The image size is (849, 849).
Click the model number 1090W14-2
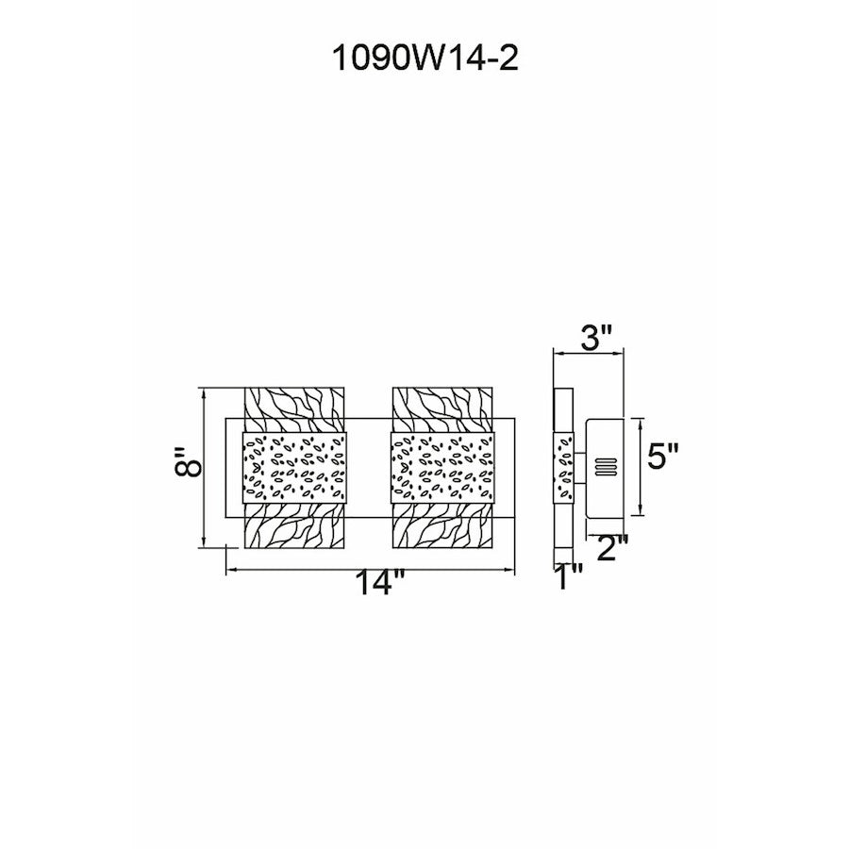(425, 58)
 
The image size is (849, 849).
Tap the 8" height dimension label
(189, 462)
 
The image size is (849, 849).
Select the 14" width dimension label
(379, 583)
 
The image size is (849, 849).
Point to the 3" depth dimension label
(596, 339)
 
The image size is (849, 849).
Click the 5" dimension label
(663, 457)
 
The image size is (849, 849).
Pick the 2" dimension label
(612, 548)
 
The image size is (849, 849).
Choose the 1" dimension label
(569, 576)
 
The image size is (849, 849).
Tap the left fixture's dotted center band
(294, 468)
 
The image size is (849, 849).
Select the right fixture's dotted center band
(443, 468)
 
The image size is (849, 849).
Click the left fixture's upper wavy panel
(294, 409)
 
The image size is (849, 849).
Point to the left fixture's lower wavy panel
(294, 525)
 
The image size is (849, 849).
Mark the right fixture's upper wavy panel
(442, 409)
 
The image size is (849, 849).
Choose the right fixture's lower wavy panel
(442, 525)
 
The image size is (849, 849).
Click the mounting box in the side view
(606, 467)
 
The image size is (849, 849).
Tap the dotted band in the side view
(564, 468)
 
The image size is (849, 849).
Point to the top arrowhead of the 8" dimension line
(204, 393)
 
